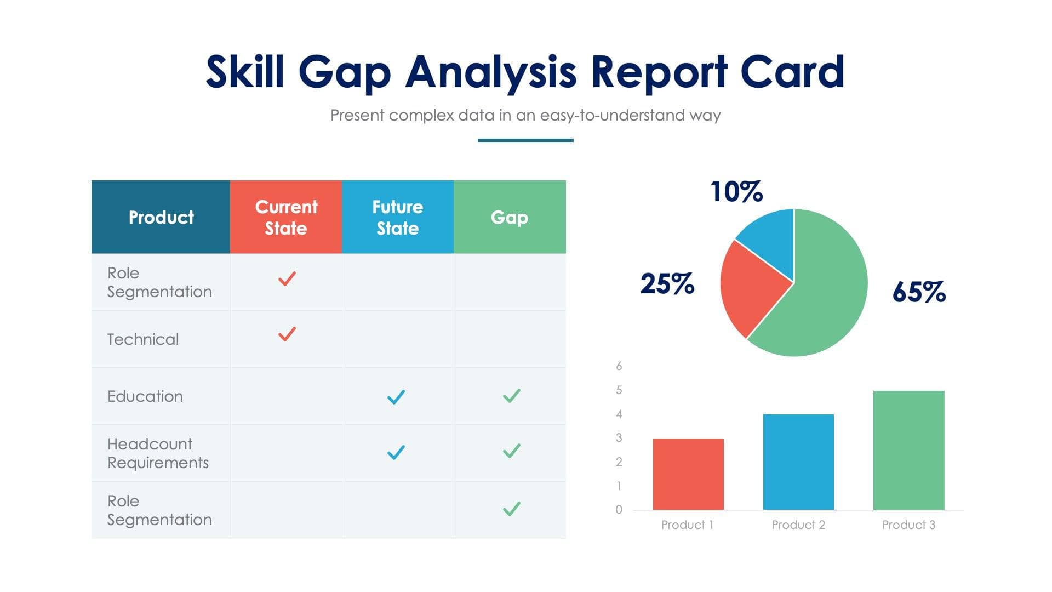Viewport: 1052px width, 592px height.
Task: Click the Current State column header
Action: tap(285, 217)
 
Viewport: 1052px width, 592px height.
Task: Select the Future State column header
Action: tap(397, 217)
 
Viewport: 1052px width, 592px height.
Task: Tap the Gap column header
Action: tap(510, 217)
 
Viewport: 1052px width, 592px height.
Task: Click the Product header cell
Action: tap(161, 217)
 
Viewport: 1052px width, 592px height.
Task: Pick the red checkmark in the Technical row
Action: tap(287, 334)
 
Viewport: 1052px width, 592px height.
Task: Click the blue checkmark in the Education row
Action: tap(396, 396)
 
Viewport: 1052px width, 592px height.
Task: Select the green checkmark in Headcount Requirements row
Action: tap(511, 451)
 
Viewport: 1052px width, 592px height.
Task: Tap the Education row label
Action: tap(145, 396)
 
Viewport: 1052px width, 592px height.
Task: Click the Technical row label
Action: tap(143, 339)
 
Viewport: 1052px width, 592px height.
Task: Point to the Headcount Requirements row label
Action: tap(158, 453)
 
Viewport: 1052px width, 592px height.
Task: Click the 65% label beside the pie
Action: tap(919, 292)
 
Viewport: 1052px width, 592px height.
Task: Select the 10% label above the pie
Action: tap(736, 192)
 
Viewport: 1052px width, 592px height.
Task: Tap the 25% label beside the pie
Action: tap(667, 283)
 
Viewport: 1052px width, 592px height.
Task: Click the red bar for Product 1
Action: tap(688, 474)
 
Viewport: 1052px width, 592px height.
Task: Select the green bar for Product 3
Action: tap(908, 450)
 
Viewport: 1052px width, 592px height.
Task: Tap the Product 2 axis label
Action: tap(798, 525)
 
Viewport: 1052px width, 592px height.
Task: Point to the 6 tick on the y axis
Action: tap(619, 366)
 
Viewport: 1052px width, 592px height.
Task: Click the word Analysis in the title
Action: tap(490, 72)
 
